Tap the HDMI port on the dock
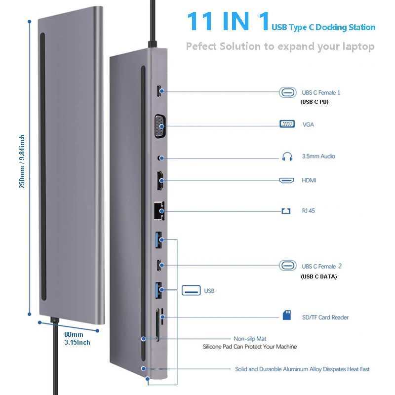(x=161, y=181)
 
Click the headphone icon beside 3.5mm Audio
(x=287, y=157)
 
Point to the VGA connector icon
(x=287, y=124)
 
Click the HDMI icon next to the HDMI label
(x=287, y=181)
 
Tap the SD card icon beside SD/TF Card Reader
(x=287, y=315)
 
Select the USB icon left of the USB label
(x=191, y=290)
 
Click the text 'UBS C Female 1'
(x=321, y=92)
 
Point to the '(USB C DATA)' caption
(x=318, y=276)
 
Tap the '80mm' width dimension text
(x=74, y=334)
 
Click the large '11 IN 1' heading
(x=228, y=22)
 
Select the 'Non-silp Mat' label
(x=250, y=339)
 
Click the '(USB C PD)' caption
(x=315, y=102)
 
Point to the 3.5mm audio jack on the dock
(x=159, y=158)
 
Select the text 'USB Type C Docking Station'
(x=323, y=27)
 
